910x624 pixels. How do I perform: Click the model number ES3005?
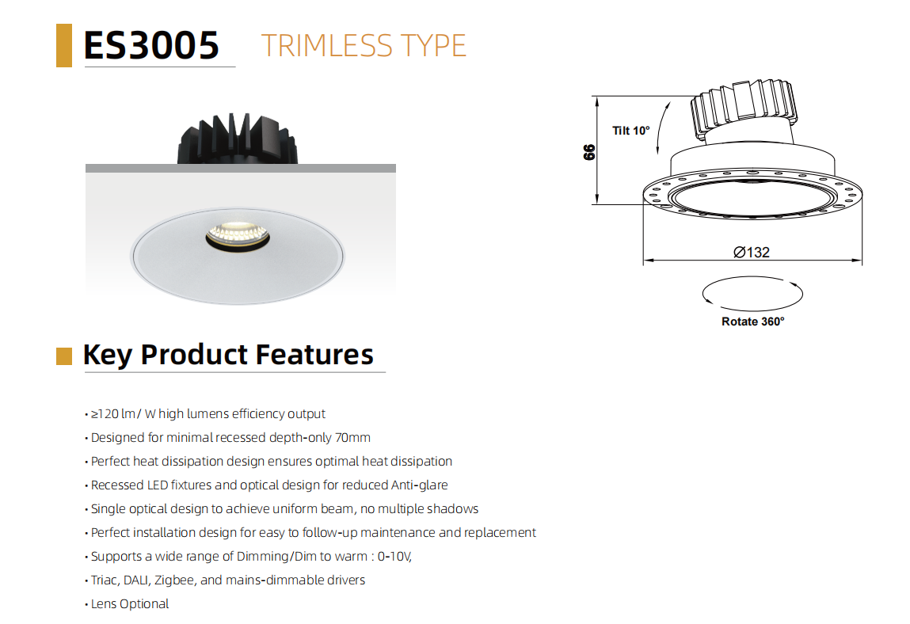151,45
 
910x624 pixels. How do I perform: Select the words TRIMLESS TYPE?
364,46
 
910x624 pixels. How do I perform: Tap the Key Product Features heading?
228,355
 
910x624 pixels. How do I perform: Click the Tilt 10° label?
631,131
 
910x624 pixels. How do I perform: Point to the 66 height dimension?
589,152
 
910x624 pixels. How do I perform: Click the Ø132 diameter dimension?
752,253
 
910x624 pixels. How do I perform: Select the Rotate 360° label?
752,322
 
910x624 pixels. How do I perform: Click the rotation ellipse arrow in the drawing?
752,277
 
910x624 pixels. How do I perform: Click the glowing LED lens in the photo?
238,234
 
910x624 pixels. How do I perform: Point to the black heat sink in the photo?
238,139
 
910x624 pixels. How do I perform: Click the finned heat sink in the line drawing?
744,105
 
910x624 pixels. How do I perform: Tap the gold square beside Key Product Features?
64,356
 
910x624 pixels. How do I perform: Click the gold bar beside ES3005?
64,45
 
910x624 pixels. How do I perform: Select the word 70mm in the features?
352,438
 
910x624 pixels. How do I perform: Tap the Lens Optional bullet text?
129,604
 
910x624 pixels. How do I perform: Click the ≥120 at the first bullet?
105,414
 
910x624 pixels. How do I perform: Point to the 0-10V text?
394,557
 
